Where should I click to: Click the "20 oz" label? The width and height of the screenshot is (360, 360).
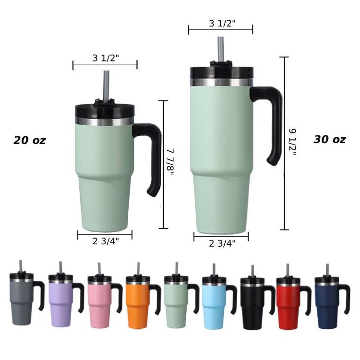point(30,140)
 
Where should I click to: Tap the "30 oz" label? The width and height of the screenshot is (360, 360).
point(329,139)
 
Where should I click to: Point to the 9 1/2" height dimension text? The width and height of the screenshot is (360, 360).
point(292,142)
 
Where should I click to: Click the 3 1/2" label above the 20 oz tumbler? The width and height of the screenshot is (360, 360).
point(106,58)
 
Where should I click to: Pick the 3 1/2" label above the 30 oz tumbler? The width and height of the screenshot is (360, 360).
point(222,23)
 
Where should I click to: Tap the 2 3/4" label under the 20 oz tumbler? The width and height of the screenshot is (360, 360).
point(106,241)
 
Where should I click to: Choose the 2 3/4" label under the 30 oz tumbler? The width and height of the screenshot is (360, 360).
point(222,243)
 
